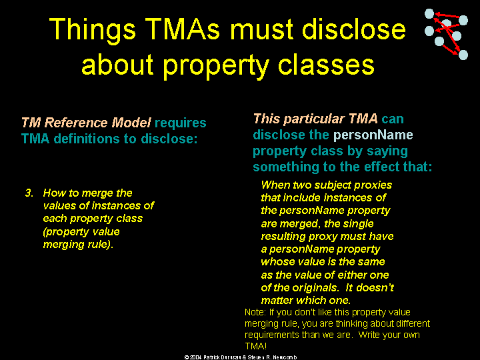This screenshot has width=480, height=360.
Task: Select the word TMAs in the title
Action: (182, 29)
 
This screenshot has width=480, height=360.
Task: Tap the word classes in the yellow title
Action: (326, 65)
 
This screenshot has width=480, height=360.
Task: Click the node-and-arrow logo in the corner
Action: (446, 34)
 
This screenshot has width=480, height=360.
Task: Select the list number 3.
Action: (29, 193)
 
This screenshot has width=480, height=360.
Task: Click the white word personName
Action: (373, 135)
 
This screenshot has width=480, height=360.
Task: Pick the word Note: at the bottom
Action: (255, 312)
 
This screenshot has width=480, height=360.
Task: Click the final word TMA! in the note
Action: (255, 346)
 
